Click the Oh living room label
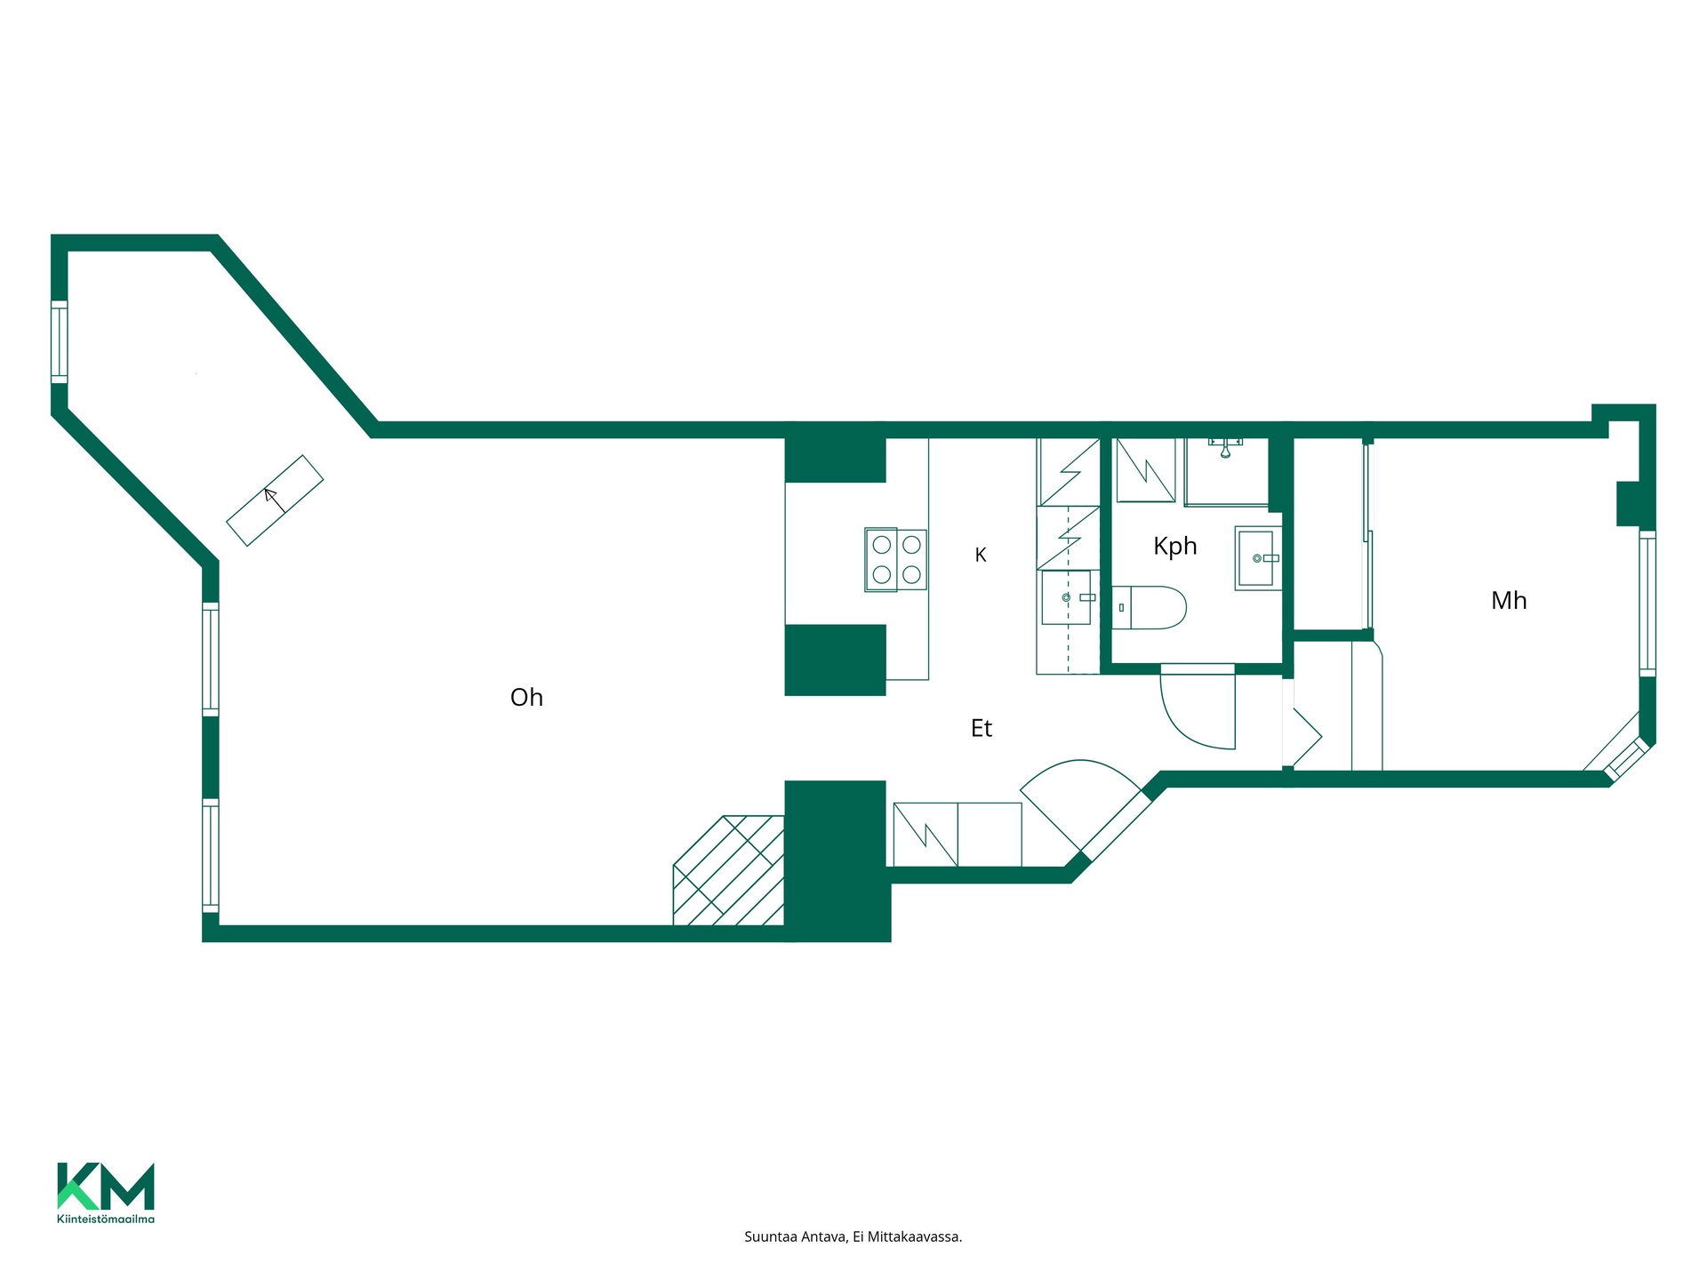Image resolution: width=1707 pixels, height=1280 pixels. click(x=526, y=698)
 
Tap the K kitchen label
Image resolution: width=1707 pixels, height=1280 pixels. click(x=981, y=555)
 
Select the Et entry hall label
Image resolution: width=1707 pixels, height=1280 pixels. click(x=982, y=729)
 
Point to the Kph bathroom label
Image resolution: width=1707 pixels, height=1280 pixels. click(x=1175, y=547)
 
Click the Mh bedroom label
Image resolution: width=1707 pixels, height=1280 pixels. click(x=1509, y=601)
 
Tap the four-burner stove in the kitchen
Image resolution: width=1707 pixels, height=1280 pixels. click(x=896, y=560)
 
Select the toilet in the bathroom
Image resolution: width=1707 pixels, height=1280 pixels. click(x=1149, y=607)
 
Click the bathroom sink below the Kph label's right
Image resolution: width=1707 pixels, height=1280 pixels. click(x=1258, y=558)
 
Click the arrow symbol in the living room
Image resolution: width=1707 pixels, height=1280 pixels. click(x=276, y=500)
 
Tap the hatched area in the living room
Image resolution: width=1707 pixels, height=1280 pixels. click(x=729, y=870)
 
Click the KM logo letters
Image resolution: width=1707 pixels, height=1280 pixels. click(x=106, y=1187)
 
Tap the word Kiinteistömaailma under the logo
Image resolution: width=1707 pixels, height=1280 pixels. click(x=106, y=1219)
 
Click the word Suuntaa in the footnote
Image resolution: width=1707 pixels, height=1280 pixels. click(x=770, y=1236)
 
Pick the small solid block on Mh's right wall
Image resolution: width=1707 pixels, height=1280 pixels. click(x=1628, y=503)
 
